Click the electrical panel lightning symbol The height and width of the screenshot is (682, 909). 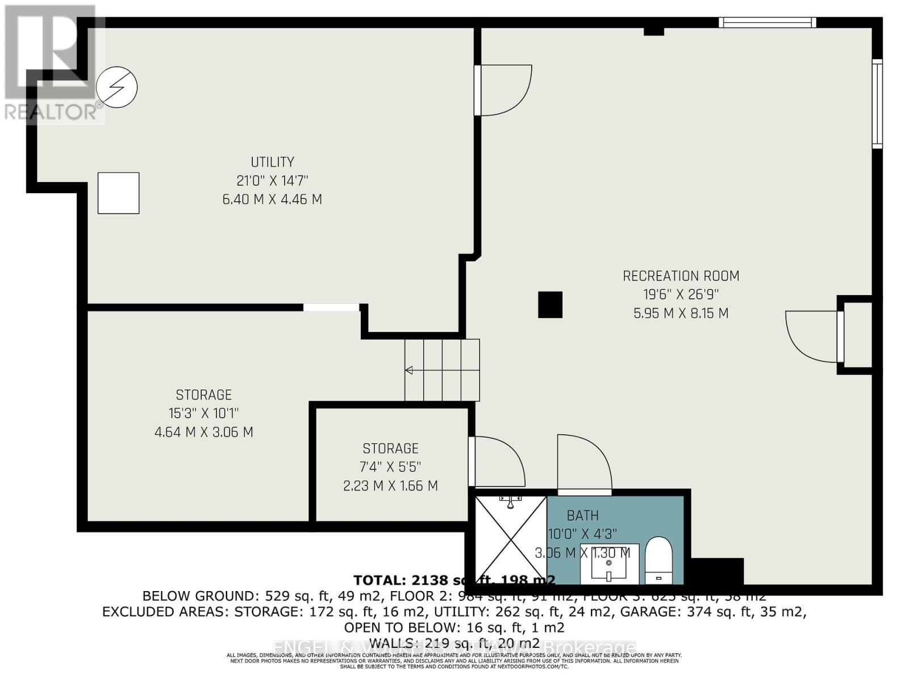coord(117,88)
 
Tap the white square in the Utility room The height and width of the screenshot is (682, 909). coord(118,193)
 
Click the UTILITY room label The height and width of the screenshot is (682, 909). coord(272,162)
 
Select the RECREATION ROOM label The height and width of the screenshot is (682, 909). coord(681,276)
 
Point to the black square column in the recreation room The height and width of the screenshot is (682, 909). coord(550,305)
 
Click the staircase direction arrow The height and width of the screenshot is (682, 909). coord(409,371)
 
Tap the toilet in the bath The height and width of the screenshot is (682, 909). coord(659,559)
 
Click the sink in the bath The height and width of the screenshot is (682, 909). coord(609,564)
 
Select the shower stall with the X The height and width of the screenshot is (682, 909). coord(511,538)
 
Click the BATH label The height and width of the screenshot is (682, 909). coord(582,515)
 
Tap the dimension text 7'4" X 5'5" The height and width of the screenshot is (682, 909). coord(390,467)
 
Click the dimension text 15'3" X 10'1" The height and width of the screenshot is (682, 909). coord(203,413)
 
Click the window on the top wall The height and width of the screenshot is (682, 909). coord(767,23)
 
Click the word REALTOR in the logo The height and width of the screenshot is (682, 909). coord(51,112)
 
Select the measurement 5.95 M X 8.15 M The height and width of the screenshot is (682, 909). coord(681,314)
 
